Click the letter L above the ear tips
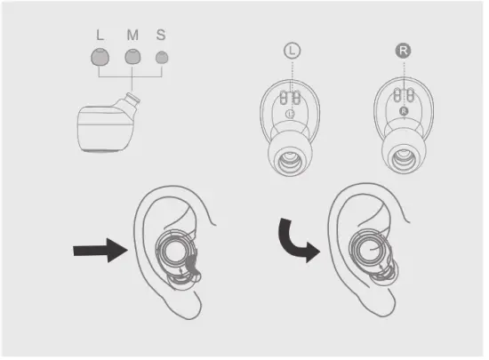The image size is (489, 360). (x=100, y=36)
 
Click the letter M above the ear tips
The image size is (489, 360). (x=132, y=36)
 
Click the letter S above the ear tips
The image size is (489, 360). (x=161, y=36)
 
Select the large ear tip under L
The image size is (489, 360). (x=100, y=59)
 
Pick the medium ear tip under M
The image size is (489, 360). (x=132, y=59)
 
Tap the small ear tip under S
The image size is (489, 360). (x=161, y=59)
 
